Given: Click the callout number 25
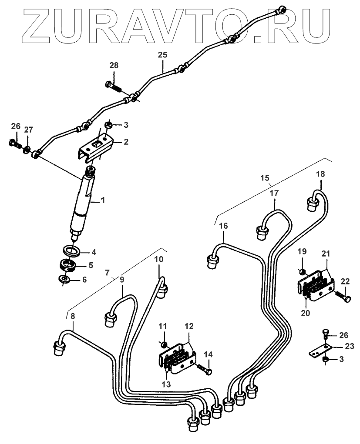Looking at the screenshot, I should tap(162, 55).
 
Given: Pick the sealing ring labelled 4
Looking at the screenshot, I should tap(71, 250).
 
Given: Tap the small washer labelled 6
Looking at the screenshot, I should tap(64, 278).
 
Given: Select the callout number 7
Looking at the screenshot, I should tap(108, 273).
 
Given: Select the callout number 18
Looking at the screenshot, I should tap(320, 174).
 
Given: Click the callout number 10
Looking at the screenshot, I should tap(159, 259).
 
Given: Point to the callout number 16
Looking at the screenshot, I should tap(223, 226).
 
